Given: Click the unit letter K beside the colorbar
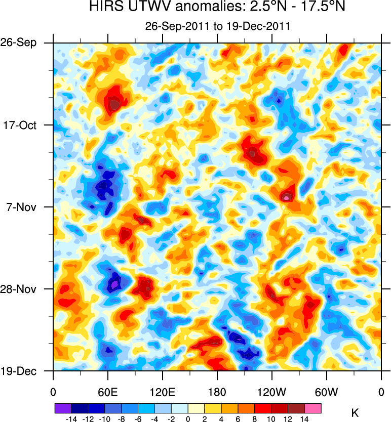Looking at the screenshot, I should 355,413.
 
